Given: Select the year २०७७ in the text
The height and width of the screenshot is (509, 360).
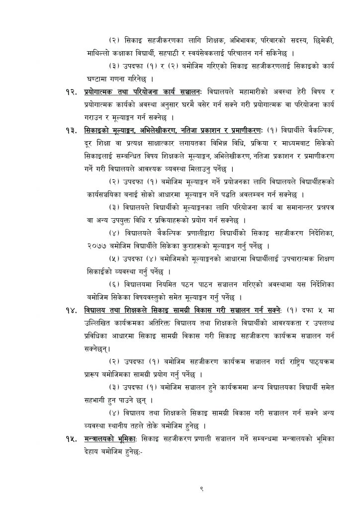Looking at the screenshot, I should (x=94, y=245).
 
